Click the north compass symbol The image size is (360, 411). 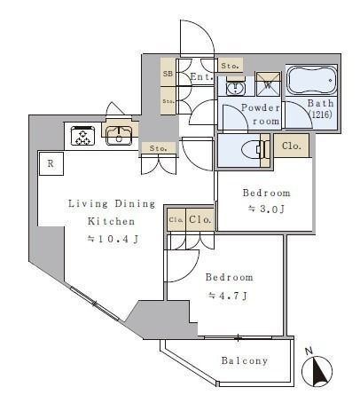point(317,371)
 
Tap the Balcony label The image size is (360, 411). point(245,360)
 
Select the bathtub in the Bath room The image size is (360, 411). point(312,79)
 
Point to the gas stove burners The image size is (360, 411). point(83,136)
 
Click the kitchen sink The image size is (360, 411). point(119,136)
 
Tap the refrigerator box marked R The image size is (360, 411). point(51,163)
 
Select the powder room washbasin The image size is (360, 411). point(235,87)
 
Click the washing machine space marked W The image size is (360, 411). point(268,84)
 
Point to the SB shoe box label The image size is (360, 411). point(168,74)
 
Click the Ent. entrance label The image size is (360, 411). point(201,77)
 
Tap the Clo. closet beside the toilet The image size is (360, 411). point(292,146)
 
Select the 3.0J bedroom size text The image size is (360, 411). point(266,209)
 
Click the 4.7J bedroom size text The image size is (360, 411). point(228,296)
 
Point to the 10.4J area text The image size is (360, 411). point(113,239)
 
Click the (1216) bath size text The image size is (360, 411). point(320,115)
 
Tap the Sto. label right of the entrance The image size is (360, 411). point(230,66)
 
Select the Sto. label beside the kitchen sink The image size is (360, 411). point(159,148)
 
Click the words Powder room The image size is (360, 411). point(261,115)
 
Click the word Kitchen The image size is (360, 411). point(111,221)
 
